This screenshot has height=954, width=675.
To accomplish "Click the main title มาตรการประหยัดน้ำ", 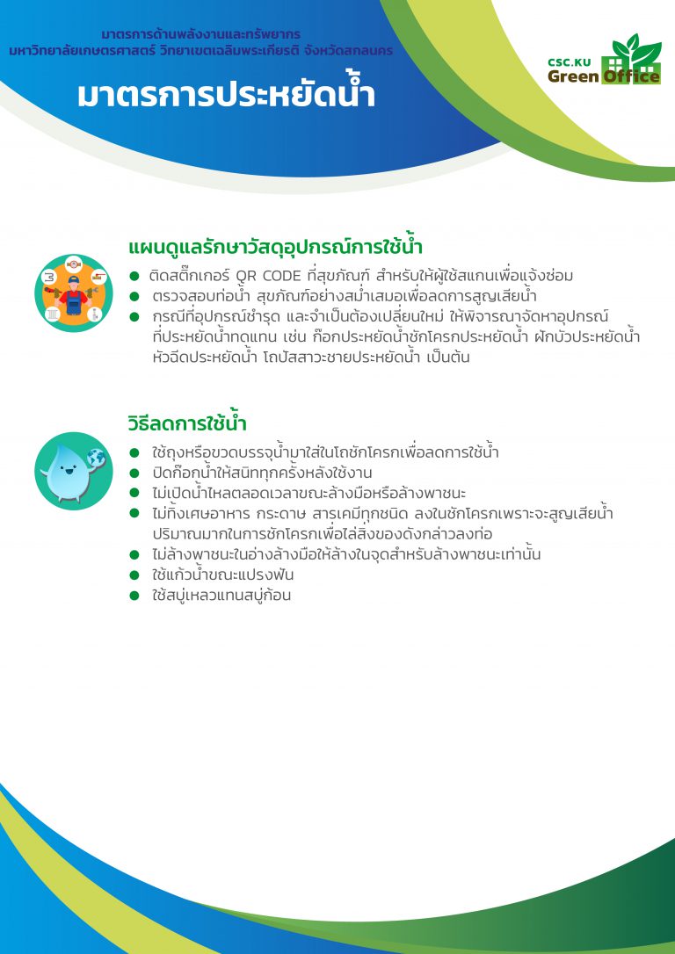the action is pyautogui.click(x=226, y=95).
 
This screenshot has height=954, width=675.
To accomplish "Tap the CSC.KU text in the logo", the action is pyautogui.click(x=573, y=62).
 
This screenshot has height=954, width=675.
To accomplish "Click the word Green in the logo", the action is pyautogui.click(x=573, y=76).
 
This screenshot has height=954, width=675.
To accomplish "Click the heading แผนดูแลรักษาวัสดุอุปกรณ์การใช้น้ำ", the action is pyautogui.click(x=275, y=247).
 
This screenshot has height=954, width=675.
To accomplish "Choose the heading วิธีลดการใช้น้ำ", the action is pyautogui.click(x=187, y=423).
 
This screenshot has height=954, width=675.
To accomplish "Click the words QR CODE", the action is pyautogui.click(x=268, y=276).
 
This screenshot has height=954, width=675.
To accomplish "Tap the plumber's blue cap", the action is pyautogui.click(x=74, y=279).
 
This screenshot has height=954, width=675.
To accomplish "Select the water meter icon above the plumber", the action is pyautogui.click(x=74, y=264).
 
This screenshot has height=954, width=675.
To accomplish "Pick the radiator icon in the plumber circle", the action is pyautogui.click(x=53, y=314).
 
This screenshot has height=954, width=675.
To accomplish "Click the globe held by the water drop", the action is pyautogui.click(x=97, y=458).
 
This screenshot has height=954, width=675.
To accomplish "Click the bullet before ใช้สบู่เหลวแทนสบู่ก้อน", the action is pyautogui.click(x=134, y=595).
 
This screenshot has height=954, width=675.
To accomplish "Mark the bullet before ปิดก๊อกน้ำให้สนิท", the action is pyautogui.click(x=134, y=473).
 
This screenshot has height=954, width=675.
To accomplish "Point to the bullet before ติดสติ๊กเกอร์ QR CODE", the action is pyautogui.click(x=134, y=276).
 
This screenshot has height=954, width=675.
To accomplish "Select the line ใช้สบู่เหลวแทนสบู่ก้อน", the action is pyautogui.click(x=221, y=595).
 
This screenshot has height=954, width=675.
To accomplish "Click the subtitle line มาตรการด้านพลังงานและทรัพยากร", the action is pyautogui.click(x=200, y=34).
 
